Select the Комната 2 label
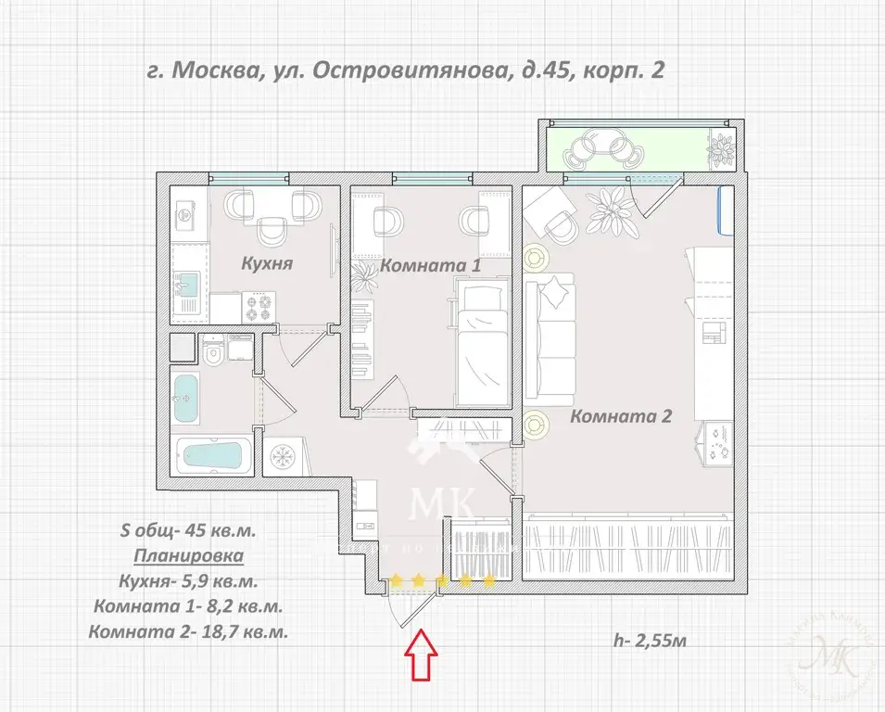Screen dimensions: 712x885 [x=620, y=416]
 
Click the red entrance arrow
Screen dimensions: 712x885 [x=423, y=655]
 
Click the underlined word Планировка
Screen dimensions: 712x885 [x=189, y=556]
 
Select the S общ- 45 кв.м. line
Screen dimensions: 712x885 [x=188, y=531]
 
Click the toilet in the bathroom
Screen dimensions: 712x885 [x=212, y=352]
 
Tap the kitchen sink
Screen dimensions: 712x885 [x=186, y=285]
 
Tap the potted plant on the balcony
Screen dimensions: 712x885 [x=721, y=148]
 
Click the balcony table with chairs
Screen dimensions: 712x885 [x=599, y=148]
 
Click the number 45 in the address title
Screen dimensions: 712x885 [x=541, y=70]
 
